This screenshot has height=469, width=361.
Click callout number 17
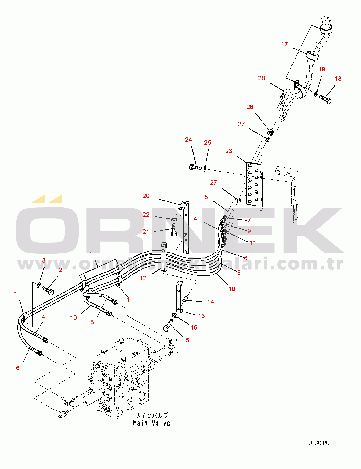(x=284, y=44)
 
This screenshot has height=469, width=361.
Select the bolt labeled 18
(x=326, y=99)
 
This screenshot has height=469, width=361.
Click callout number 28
(x=261, y=78)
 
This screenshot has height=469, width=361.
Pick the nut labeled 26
(x=271, y=132)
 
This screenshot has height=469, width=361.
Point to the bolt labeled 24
(x=195, y=168)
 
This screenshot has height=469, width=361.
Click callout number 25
(x=207, y=143)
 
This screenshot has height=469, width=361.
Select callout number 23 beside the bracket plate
(x=228, y=151)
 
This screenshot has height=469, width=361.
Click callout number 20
(x=146, y=196)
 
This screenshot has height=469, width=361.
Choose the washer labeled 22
(x=174, y=220)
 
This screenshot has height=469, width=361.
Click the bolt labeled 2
(x=48, y=290)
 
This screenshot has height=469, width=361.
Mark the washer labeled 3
(x=38, y=285)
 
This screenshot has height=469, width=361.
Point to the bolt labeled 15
(x=168, y=326)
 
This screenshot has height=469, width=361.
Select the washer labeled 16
(x=174, y=316)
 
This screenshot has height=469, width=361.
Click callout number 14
(x=210, y=302)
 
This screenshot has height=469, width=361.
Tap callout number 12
(x=143, y=278)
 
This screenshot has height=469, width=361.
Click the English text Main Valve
(x=151, y=423)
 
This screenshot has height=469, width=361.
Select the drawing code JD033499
(x=319, y=443)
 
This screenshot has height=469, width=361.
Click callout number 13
(x=201, y=316)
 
